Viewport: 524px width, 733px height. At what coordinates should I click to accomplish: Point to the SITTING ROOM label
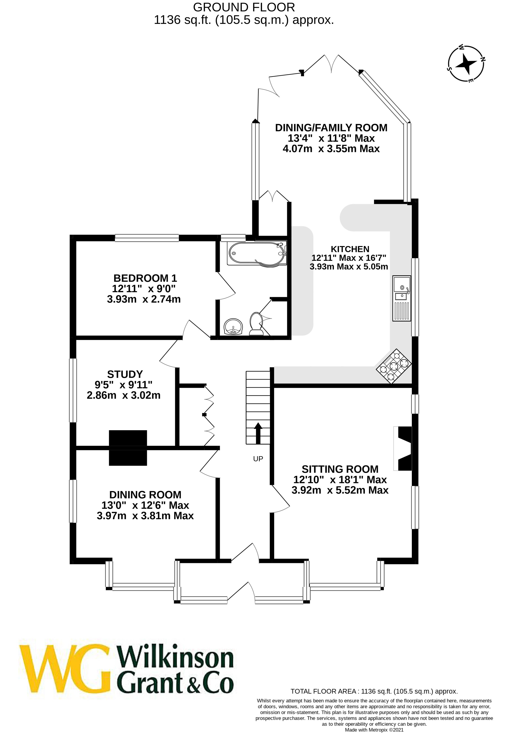coord(340,469)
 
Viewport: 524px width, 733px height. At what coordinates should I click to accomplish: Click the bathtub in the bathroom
coord(257,254)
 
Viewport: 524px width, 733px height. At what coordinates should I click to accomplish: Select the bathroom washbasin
coord(233,326)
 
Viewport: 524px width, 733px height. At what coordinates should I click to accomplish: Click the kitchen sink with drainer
coord(401,298)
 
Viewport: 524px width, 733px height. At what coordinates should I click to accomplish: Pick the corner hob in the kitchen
coord(394,366)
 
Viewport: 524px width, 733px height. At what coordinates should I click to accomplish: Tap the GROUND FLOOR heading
coord(244,7)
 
